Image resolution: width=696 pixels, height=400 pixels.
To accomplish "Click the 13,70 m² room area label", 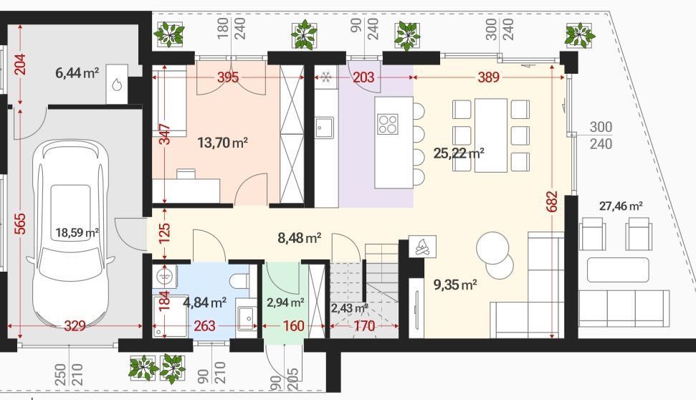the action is coord(222,143).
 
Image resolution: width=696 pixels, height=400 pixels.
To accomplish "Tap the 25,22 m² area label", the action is coord(459,153).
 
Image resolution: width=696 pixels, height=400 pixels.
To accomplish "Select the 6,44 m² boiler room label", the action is coord(77,72).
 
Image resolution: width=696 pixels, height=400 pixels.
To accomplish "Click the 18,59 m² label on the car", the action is coord(77,232).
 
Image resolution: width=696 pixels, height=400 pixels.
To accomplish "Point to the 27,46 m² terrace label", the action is coord(621,206).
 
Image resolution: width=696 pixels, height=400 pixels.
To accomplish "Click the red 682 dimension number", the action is coord(552,201).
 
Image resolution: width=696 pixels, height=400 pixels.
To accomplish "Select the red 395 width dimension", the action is coord(228,77).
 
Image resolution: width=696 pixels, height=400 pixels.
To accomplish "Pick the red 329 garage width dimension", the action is coord(75,326).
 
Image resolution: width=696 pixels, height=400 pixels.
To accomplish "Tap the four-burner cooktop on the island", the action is coord(388,124).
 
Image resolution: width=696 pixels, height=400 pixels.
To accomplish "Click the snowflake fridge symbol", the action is coord(326,77).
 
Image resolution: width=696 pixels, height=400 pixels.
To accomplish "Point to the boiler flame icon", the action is coord(117,85).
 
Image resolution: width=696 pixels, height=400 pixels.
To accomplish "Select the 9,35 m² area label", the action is coord(455,284).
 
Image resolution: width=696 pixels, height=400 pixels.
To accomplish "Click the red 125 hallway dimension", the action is coord(164,233).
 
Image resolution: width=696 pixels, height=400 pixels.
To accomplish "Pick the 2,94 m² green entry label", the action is coord(285,303).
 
